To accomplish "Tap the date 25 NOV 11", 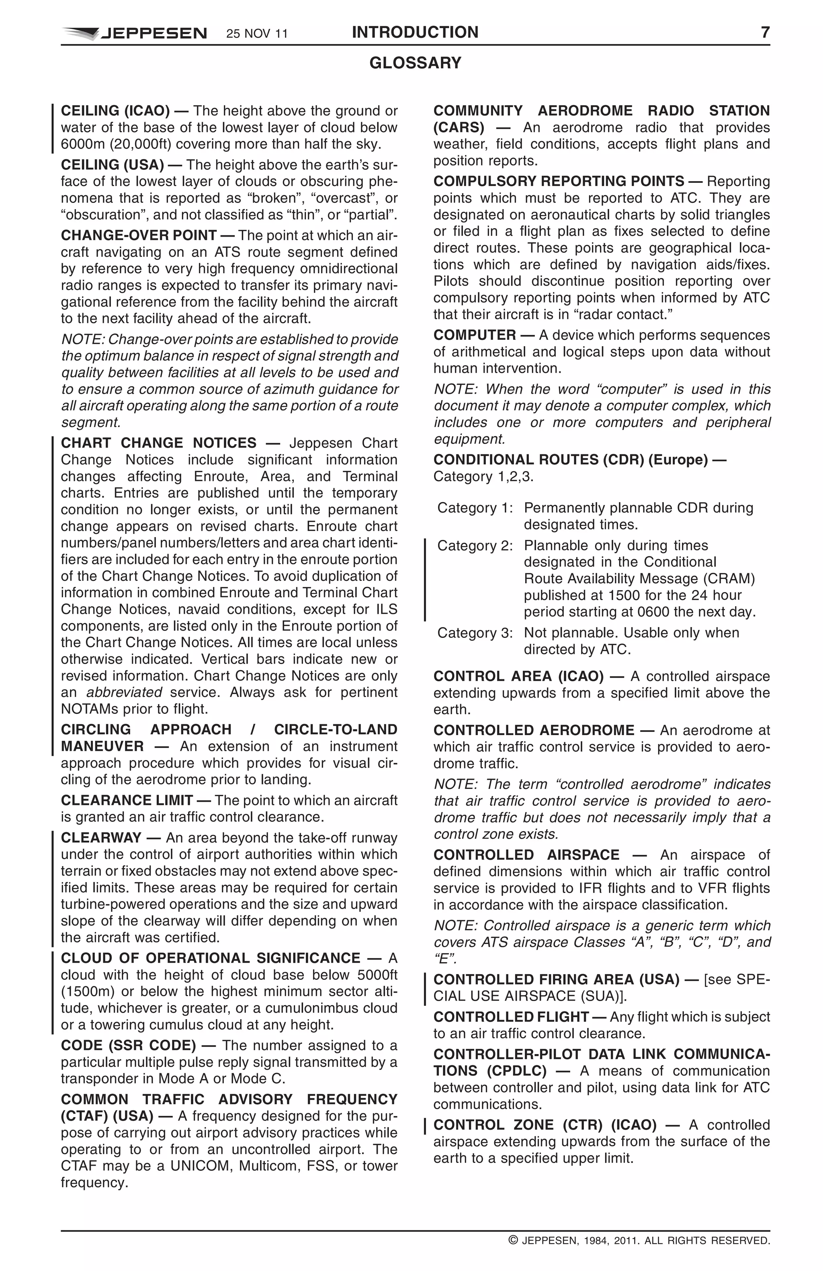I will [x=257, y=34].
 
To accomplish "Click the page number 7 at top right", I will [x=765, y=33].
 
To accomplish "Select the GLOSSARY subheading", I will [x=415, y=63].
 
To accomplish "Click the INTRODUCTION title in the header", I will [x=415, y=33].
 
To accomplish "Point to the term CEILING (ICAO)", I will [x=115, y=111].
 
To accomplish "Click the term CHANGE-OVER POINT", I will [x=138, y=235].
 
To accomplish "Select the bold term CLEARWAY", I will [x=101, y=838].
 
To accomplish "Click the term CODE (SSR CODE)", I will [x=128, y=1045].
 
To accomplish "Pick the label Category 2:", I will [x=475, y=546].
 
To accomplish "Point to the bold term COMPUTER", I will [x=474, y=335].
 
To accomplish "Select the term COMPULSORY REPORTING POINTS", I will [x=559, y=182].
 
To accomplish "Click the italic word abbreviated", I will [x=124, y=693].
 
